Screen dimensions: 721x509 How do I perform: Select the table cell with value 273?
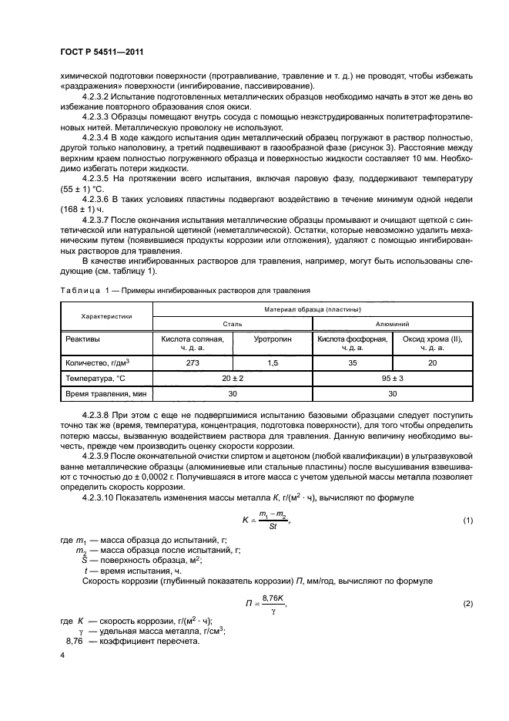pos(193,362)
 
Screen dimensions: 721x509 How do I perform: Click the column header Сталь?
pos(232,325)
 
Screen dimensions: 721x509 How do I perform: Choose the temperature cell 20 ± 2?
pos(232,378)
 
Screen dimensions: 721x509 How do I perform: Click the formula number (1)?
pos(467,521)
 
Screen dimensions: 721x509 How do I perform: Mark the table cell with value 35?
pos(352,362)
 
